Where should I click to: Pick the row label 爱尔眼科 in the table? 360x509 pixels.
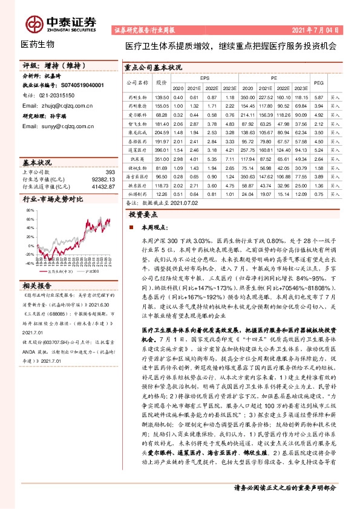138,114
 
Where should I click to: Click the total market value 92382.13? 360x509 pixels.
103,180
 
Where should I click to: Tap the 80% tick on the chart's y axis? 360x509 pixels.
30,209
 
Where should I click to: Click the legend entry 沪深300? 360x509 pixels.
89,271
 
